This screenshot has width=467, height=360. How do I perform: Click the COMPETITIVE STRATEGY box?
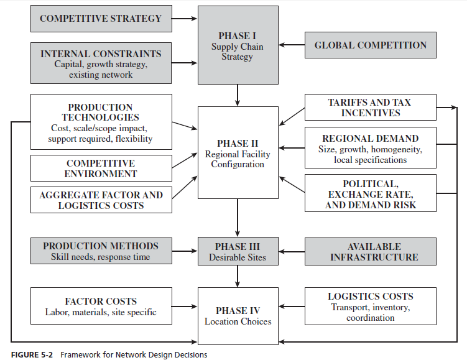(x=101, y=19)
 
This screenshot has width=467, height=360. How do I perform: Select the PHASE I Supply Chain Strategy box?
(x=237, y=46)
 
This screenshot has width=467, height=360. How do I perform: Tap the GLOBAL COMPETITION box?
(x=370, y=45)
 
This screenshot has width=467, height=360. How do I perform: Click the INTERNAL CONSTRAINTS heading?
(x=101, y=53)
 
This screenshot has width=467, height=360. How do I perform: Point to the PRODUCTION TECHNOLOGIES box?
(x=101, y=122)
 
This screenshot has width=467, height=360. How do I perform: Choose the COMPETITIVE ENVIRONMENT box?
(x=101, y=168)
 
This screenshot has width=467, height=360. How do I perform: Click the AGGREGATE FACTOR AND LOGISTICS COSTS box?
(x=101, y=200)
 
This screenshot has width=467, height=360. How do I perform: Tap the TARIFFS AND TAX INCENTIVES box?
(x=370, y=107)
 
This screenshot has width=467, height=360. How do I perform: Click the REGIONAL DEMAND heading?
(x=370, y=139)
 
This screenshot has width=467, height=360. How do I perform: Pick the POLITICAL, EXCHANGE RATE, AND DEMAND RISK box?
(x=370, y=194)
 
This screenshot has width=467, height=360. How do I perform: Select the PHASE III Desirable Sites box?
(x=237, y=251)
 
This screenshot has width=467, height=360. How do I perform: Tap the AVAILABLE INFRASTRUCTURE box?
(x=370, y=251)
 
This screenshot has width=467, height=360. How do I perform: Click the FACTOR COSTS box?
(x=101, y=307)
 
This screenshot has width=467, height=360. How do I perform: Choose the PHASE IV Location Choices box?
(x=237, y=315)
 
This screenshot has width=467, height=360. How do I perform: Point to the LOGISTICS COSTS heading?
(x=370, y=297)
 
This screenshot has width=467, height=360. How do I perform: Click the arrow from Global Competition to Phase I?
(x=291, y=45)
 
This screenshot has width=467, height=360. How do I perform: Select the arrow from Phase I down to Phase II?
(x=237, y=95)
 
